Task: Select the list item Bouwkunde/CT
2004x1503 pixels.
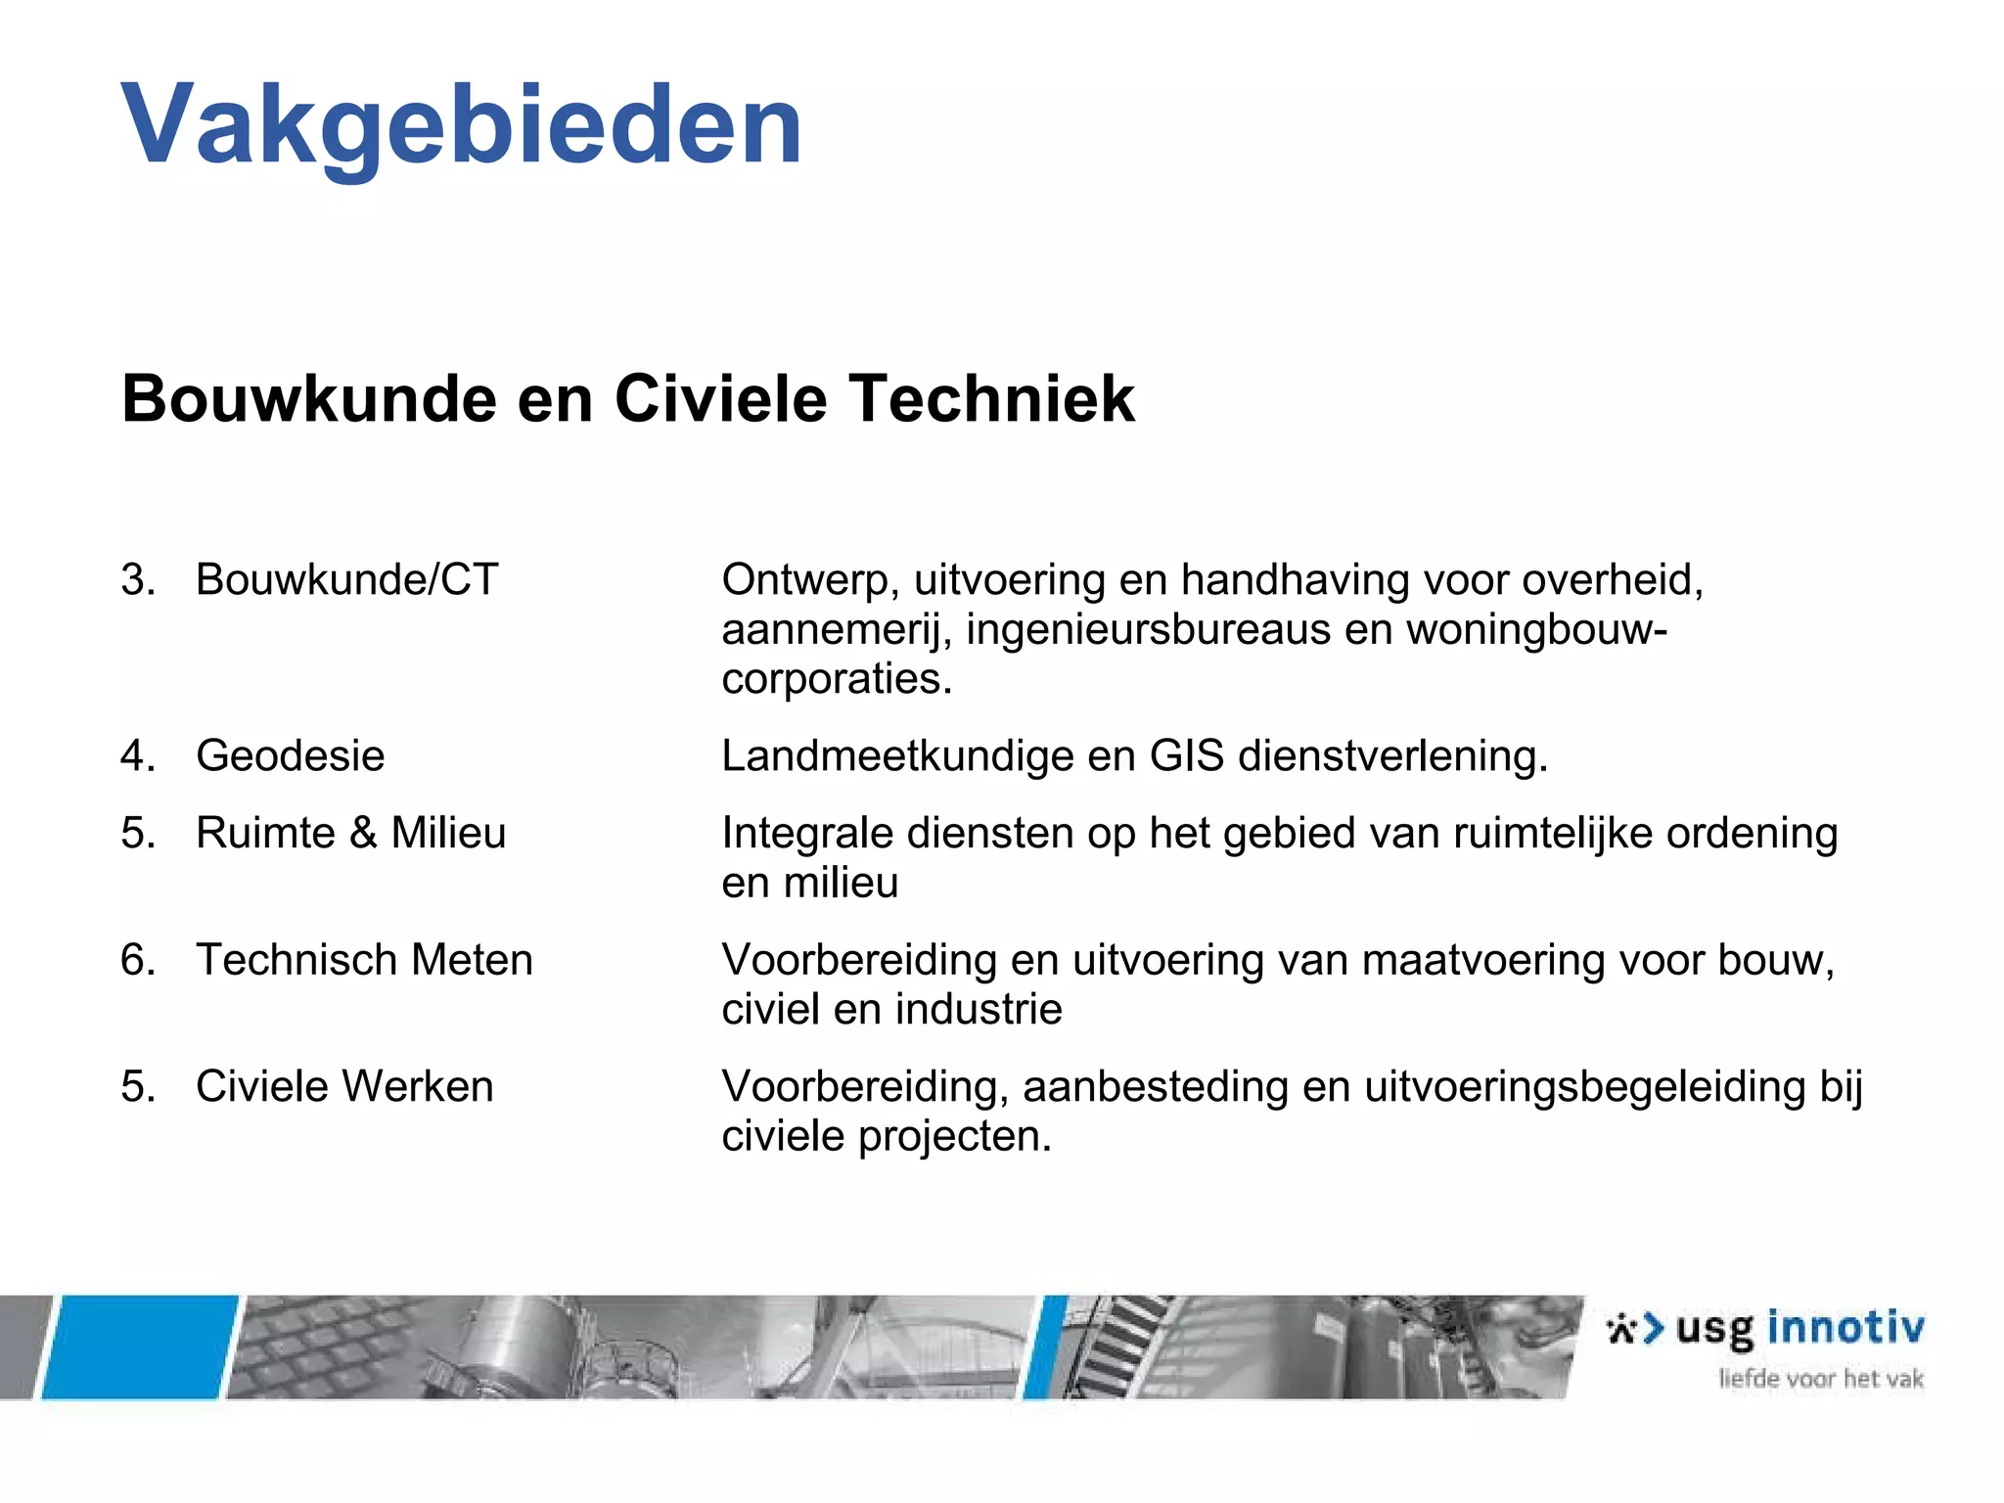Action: [x=347, y=579]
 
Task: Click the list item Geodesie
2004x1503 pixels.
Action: [x=291, y=755]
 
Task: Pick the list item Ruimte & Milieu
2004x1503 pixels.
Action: [x=351, y=833]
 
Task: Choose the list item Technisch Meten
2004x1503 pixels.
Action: [x=364, y=959]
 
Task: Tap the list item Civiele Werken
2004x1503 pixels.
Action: [x=344, y=1086]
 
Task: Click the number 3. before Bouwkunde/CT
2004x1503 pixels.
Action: [x=138, y=579]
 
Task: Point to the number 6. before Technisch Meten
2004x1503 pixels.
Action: [x=138, y=959]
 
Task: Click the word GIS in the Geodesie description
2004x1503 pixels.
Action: [x=1186, y=755]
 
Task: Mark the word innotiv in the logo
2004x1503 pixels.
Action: [x=1845, y=1328]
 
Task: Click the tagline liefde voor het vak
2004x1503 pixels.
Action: [x=1821, y=1379]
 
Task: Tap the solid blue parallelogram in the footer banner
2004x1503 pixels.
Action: [x=139, y=1346]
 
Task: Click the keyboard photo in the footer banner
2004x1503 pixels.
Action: [x=323, y=1346]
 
